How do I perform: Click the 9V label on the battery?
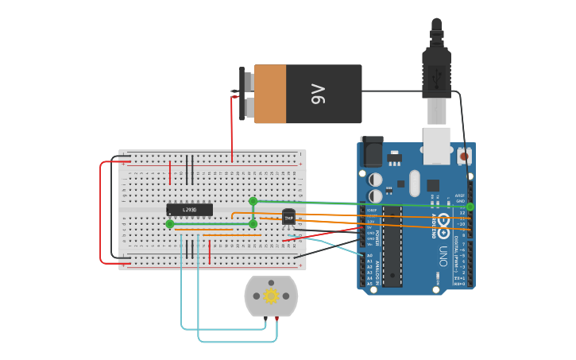[x=319, y=94]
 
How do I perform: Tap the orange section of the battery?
[x=270, y=94]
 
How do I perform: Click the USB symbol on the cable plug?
[x=436, y=77]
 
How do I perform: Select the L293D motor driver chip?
[x=189, y=210]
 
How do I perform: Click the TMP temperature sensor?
[x=288, y=217]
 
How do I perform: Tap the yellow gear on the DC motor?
[x=271, y=296]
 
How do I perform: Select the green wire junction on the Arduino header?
[x=470, y=207]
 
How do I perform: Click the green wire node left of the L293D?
[x=169, y=224]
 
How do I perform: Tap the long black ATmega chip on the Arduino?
[x=392, y=246]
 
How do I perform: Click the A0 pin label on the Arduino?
[x=369, y=255]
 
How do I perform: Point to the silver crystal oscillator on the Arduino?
[x=415, y=182]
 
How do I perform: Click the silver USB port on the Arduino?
[x=436, y=145]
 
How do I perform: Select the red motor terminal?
[x=276, y=319]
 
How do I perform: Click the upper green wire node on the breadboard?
[x=253, y=201]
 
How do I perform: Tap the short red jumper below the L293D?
[x=209, y=253]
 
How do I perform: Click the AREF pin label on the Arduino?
[x=460, y=195]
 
